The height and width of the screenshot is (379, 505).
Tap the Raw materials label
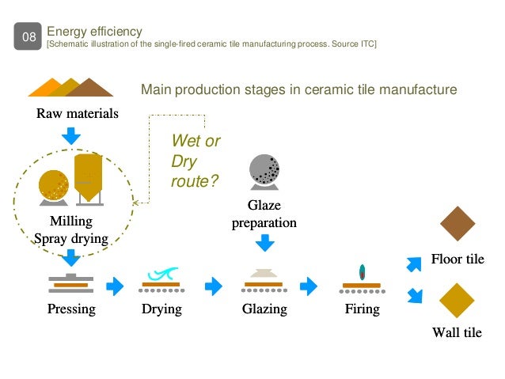78,114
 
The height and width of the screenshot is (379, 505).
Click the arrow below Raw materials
71,135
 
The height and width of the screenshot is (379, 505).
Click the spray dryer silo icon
87,177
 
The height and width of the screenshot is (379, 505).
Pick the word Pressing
71,309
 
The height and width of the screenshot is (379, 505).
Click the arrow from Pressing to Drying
116,286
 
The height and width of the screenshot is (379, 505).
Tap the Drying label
161,309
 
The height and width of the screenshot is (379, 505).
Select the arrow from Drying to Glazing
213,286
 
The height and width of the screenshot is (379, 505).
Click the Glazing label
264,309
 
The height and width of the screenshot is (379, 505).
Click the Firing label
363,309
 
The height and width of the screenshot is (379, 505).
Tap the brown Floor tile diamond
458,225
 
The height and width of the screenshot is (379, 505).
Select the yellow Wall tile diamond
458,301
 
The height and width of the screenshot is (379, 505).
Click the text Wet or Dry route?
196,161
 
